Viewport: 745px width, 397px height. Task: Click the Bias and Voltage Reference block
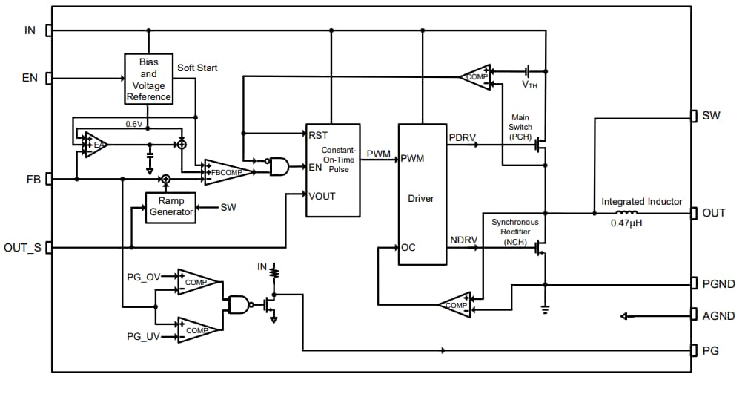pyautogui.click(x=148, y=79)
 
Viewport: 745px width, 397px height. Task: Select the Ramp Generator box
pyautogui.click(x=170, y=206)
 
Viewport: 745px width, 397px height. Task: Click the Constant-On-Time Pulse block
pyautogui.click(x=333, y=169)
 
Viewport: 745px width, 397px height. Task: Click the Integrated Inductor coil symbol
pyautogui.click(x=621, y=212)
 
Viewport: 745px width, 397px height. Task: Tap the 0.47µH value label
pyautogui.click(x=621, y=223)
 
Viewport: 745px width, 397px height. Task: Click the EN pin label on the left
pyautogui.click(x=30, y=78)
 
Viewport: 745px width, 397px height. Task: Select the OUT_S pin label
pyautogui.click(x=23, y=248)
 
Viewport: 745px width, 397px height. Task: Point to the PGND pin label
pyautogui.click(x=718, y=284)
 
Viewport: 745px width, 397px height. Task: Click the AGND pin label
pyautogui.click(x=718, y=316)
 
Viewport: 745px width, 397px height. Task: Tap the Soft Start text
pyautogui.click(x=197, y=68)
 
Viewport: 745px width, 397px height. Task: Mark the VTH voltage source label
pyautogui.click(x=529, y=85)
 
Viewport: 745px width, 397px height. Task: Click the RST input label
pyautogui.click(x=318, y=135)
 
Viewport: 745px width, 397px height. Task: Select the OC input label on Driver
pyautogui.click(x=408, y=248)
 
